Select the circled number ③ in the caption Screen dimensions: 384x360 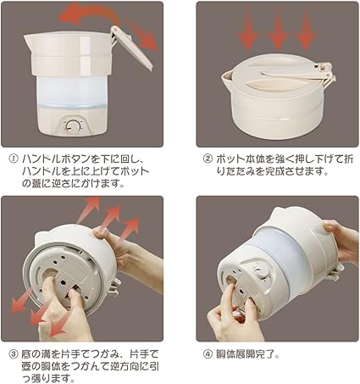(13, 353)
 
